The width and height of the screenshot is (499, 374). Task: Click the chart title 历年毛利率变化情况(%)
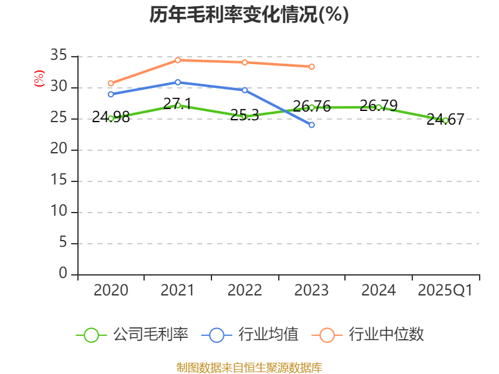point(249,15)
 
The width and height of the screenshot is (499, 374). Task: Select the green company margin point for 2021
point(178,105)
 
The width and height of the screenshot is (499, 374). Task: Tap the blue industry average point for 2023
point(311,125)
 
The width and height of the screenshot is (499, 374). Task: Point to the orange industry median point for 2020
point(110,83)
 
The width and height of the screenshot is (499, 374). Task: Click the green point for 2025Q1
point(445,120)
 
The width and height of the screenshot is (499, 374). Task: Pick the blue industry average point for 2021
point(178,82)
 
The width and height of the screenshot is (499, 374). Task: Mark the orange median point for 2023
point(311,67)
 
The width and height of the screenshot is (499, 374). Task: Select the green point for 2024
point(379,107)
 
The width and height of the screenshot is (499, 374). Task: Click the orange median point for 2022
point(245,62)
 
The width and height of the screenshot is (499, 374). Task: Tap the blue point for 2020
point(110,94)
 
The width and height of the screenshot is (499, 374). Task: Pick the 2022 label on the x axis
point(245,290)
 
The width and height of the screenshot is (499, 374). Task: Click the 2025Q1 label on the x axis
point(445,290)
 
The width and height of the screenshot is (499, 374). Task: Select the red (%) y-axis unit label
point(39,79)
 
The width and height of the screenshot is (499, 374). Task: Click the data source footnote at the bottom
point(249,367)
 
